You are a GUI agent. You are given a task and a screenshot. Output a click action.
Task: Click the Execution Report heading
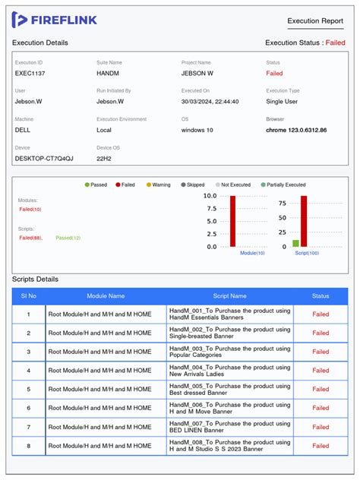[x=315, y=21]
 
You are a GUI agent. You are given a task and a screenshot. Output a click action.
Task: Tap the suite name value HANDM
[x=109, y=74]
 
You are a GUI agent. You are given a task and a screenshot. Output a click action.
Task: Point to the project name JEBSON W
[x=197, y=74]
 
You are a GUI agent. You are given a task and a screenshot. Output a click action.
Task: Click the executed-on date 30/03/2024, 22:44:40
[x=210, y=101]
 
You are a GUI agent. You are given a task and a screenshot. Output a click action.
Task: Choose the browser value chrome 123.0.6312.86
[x=296, y=130]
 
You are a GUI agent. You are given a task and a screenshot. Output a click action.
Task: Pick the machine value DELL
[x=24, y=130]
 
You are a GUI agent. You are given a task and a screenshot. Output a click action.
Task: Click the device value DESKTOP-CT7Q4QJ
[x=44, y=158]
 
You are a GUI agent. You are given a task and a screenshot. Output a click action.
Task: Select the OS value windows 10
[x=197, y=130]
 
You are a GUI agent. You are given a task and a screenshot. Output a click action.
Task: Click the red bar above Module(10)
[x=232, y=221]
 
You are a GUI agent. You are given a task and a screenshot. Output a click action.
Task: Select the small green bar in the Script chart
[x=295, y=243]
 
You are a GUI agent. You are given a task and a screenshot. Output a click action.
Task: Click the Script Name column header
[x=229, y=296]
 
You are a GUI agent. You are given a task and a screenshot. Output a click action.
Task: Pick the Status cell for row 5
[x=321, y=390]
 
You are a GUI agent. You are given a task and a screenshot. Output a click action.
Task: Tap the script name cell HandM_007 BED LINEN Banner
[x=229, y=428]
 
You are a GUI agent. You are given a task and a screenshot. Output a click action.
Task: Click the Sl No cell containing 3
[x=29, y=352]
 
